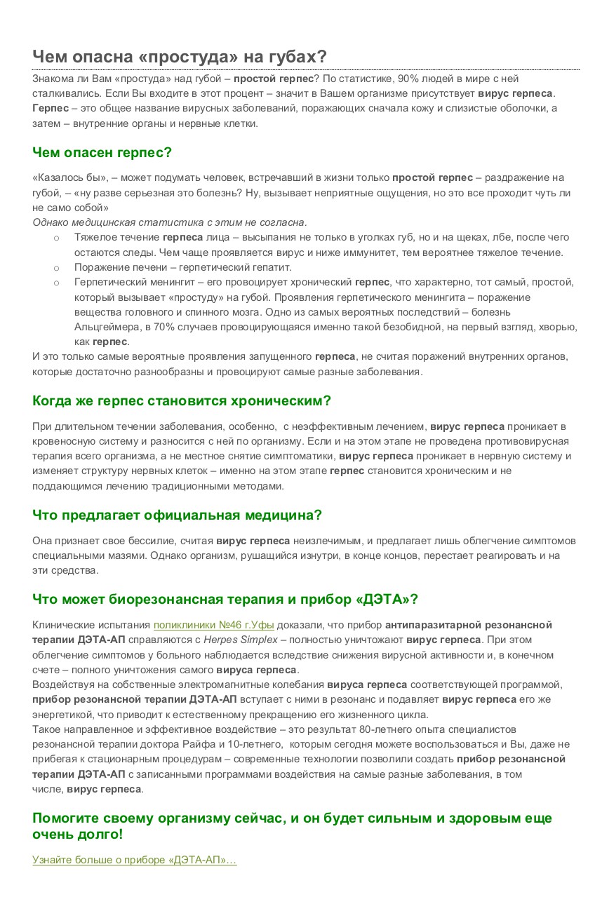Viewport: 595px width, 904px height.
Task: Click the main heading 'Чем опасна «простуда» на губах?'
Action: [x=179, y=57]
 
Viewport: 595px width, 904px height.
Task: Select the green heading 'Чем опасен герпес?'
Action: [x=102, y=152]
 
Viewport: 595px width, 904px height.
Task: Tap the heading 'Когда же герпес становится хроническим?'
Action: [x=181, y=401]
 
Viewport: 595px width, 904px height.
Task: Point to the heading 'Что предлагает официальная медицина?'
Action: [x=177, y=515]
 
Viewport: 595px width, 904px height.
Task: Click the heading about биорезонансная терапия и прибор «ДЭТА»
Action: [x=225, y=600]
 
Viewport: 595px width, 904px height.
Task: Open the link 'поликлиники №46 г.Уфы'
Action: [x=213, y=625]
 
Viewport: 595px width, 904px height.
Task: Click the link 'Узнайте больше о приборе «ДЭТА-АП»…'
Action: [x=134, y=860]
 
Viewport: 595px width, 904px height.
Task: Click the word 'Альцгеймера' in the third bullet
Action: [x=103, y=327]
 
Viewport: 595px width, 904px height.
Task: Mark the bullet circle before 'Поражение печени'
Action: [x=56, y=268]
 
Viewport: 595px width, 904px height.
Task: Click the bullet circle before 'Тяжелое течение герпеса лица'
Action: [x=56, y=238]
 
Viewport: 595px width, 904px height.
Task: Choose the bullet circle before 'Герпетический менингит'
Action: [x=56, y=283]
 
